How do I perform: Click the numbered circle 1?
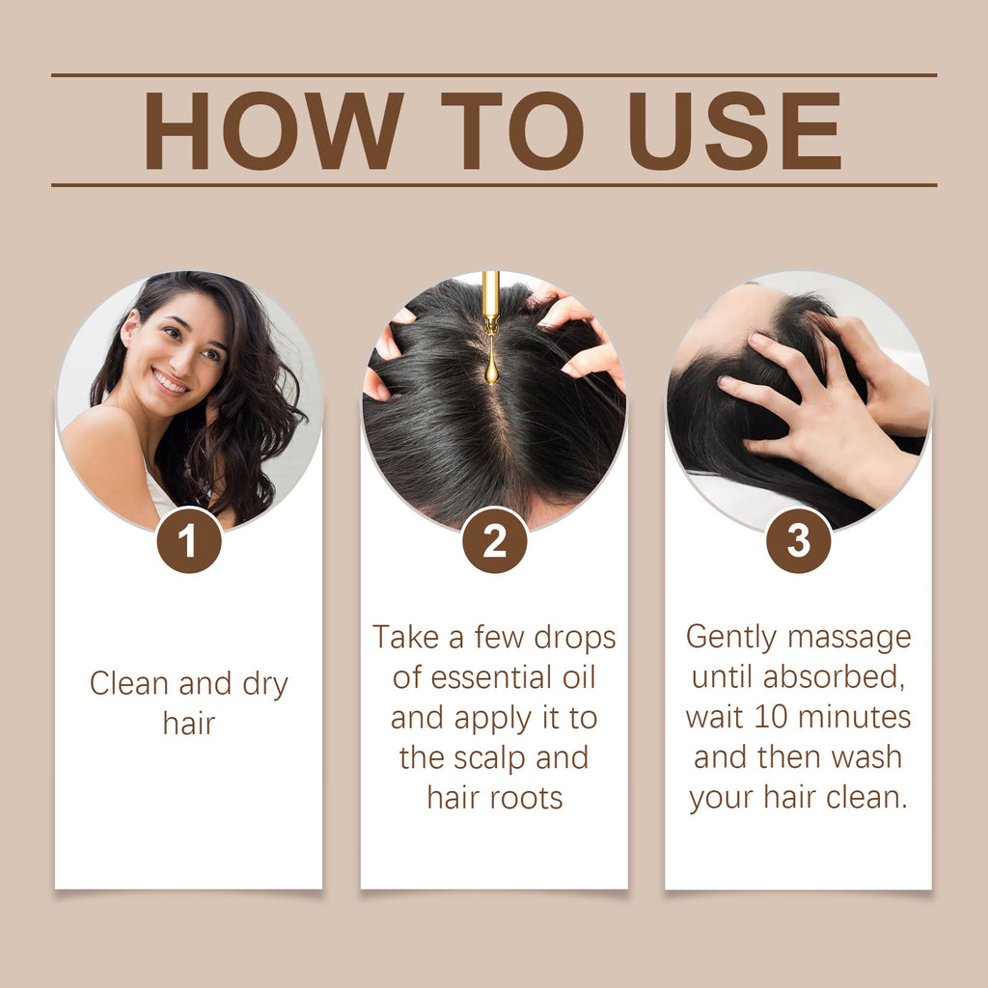pos(189,541)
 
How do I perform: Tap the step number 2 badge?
pos(494,541)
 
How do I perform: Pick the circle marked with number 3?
pos(799,541)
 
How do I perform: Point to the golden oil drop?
pos(491,369)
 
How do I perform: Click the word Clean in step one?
pos(128,684)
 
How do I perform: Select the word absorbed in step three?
pos(833,677)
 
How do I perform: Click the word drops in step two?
pos(571,638)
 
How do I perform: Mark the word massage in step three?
pos(849,638)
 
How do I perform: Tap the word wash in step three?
pos(866,757)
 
